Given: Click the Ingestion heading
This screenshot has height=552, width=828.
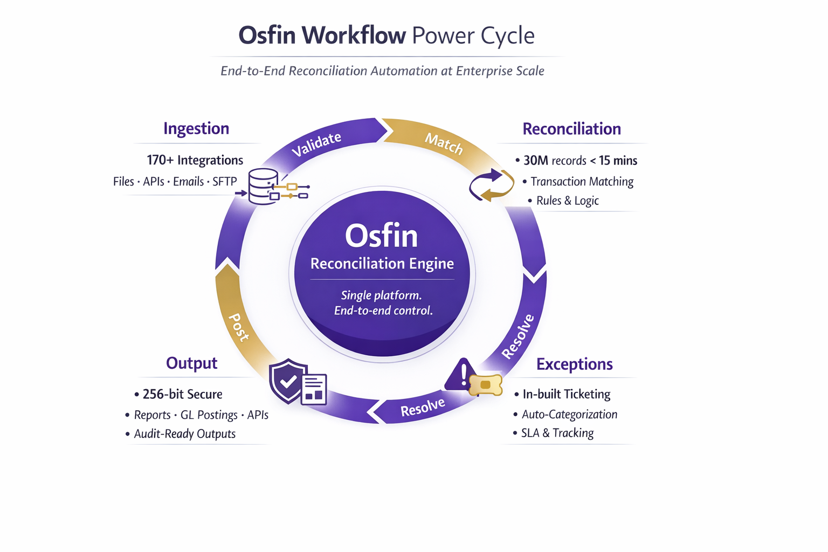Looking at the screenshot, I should (196, 129).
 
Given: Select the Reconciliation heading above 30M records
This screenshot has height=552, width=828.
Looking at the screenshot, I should (571, 129).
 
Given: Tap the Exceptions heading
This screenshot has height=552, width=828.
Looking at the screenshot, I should (574, 364).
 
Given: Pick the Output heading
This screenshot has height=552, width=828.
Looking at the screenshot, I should (191, 363).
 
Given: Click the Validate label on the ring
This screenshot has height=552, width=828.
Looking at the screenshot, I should (316, 144).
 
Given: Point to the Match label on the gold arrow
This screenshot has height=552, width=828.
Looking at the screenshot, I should (444, 143).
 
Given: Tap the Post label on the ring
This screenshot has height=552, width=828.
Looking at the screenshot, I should (239, 327).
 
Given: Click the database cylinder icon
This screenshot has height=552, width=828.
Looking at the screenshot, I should (263, 187).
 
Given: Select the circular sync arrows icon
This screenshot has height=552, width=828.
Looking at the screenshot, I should (491, 185).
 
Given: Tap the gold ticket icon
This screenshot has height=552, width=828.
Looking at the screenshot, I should (486, 385).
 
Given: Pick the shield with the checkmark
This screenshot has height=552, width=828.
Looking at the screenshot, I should (288, 381).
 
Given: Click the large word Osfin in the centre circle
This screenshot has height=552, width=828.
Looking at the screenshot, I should (381, 236).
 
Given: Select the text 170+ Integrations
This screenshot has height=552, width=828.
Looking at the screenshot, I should (195, 160).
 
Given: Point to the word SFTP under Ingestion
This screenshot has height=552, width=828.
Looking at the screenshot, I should (224, 182).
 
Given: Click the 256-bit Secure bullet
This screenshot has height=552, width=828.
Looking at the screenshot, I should (182, 395).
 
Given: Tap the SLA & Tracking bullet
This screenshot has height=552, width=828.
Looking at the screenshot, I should (557, 433).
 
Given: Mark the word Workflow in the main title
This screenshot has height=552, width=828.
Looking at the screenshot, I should (353, 36).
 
